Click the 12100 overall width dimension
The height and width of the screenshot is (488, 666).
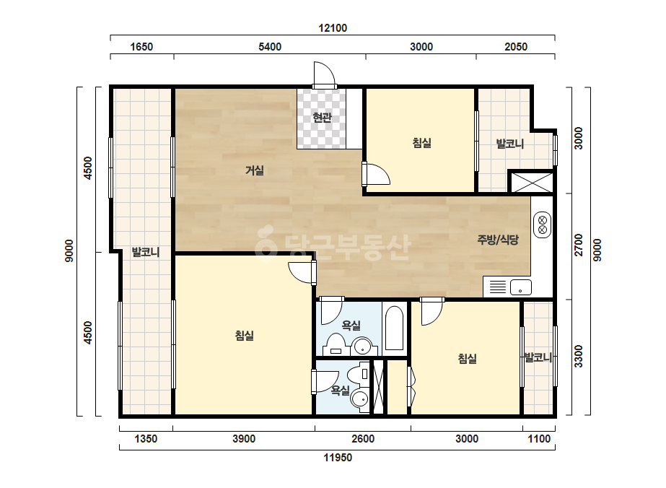pyautogui.click(x=333, y=28)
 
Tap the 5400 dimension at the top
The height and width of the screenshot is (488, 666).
pyautogui.click(x=270, y=47)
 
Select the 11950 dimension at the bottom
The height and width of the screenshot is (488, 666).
pyautogui.click(x=338, y=458)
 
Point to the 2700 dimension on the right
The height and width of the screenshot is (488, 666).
pyautogui.click(x=579, y=245)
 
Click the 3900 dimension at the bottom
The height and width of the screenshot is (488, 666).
pyautogui.click(x=244, y=439)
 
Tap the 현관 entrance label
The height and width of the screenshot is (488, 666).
pyautogui.click(x=322, y=118)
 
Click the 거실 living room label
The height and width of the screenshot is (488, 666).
pyautogui.click(x=255, y=170)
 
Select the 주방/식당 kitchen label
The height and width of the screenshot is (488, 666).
pyautogui.click(x=498, y=240)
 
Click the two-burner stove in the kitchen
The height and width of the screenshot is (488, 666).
pyautogui.click(x=542, y=225)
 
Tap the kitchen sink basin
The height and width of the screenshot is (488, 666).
pyautogui.click(x=521, y=287)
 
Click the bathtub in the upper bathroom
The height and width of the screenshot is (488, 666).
pyautogui.click(x=394, y=328)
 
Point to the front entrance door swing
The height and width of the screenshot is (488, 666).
pyautogui.click(x=325, y=74)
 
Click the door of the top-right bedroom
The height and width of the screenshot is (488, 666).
pyautogui.click(x=377, y=174)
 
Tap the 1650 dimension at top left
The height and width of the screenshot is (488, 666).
pyautogui.click(x=141, y=47)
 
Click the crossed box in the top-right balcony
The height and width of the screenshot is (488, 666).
pyautogui.click(x=531, y=183)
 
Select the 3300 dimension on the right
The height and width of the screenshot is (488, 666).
pyautogui.click(x=579, y=356)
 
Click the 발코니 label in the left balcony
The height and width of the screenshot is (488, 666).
pyautogui.click(x=146, y=252)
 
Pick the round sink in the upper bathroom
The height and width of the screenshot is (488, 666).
pyautogui.click(x=363, y=347)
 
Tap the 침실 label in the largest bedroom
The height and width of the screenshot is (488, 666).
pyautogui.click(x=244, y=336)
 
